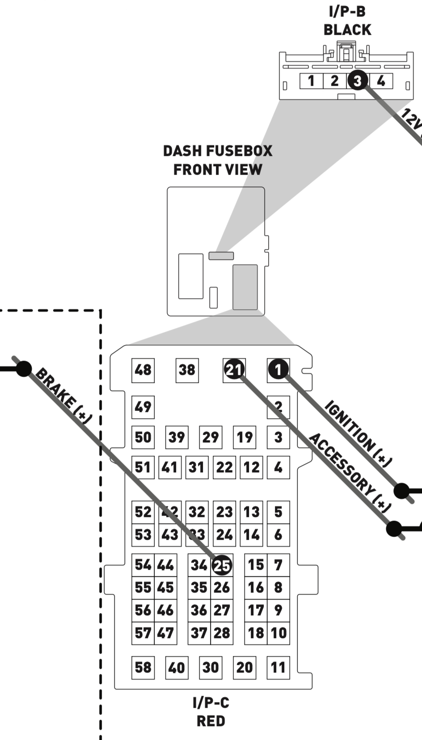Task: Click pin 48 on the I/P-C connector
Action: click(x=143, y=370)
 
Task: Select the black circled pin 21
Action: click(x=234, y=370)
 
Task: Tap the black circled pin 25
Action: click(x=222, y=565)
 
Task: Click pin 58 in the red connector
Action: click(x=143, y=667)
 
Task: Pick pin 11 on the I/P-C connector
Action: click(x=278, y=667)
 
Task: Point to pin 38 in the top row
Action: click(x=187, y=370)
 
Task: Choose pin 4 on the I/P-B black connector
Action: click(x=381, y=81)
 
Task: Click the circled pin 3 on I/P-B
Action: click(x=358, y=81)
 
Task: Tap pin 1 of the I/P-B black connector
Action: click(x=311, y=81)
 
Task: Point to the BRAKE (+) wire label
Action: click(x=63, y=395)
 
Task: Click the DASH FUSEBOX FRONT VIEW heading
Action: click(x=218, y=160)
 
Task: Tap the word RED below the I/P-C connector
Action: click(x=211, y=721)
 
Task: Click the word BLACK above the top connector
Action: click(x=347, y=30)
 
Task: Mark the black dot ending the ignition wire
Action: click(x=401, y=491)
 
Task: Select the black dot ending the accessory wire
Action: click(x=394, y=529)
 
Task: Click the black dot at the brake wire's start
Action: click(x=24, y=369)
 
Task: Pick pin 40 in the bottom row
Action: click(x=177, y=667)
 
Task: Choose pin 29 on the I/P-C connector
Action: click(x=211, y=437)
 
